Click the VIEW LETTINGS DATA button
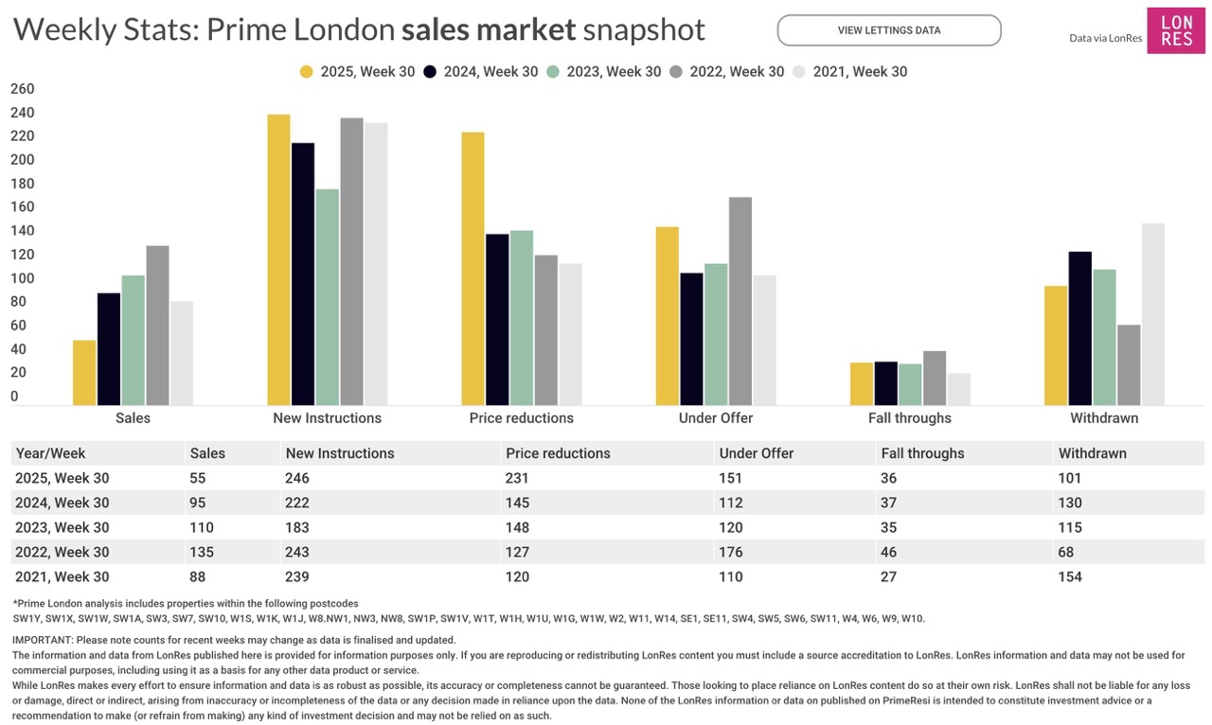point(888,30)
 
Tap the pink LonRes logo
point(1176,30)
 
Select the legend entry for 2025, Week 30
point(357,72)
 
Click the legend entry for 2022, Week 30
point(726,72)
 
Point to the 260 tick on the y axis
point(22,90)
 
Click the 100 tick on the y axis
point(22,279)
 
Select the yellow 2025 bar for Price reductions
point(472,269)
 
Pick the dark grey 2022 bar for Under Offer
point(740,301)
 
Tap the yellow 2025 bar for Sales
point(84,373)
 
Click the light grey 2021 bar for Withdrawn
point(1152,314)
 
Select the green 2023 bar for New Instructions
point(327,297)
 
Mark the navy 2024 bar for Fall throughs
point(885,383)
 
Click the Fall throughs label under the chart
point(909,418)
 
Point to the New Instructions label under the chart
point(327,418)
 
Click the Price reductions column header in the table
point(558,453)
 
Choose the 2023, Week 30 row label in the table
point(62,527)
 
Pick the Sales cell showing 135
point(202,552)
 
